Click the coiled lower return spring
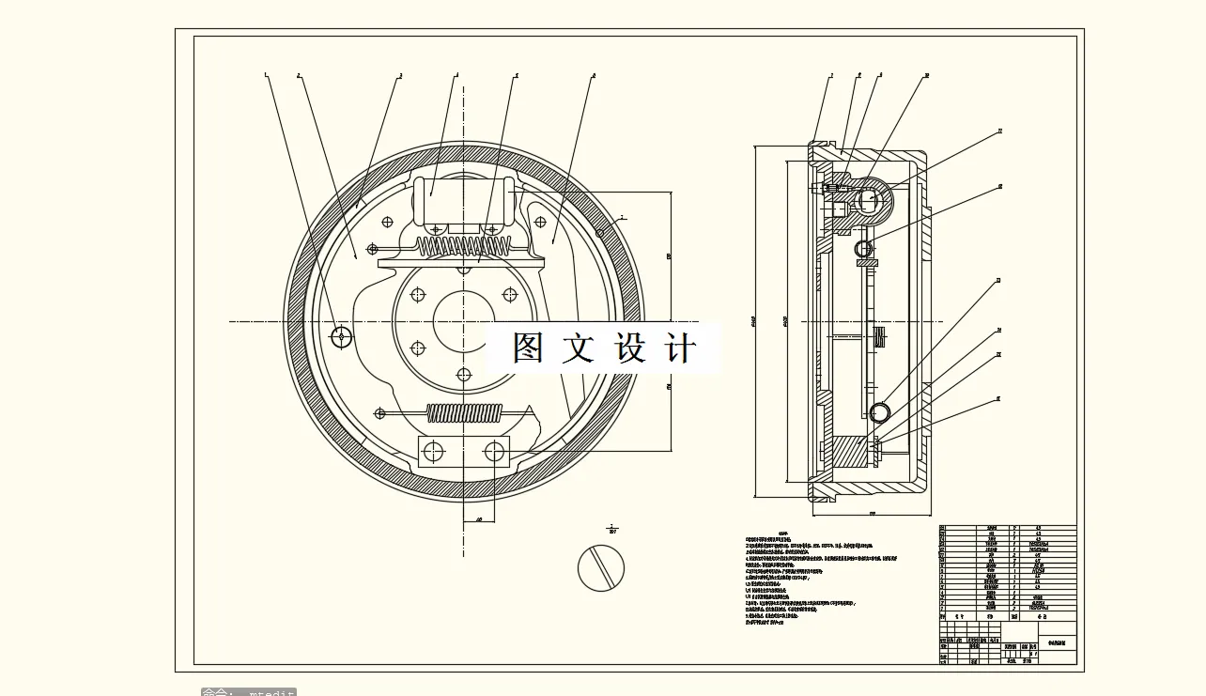(x=464, y=412)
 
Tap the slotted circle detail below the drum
(x=601, y=567)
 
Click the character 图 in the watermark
(x=529, y=348)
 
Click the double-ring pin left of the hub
(x=342, y=335)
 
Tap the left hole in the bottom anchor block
(x=432, y=452)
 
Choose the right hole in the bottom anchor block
(x=495, y=452)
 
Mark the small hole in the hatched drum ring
(x=601, y=232)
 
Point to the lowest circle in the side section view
(x=880, y=412)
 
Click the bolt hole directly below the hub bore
(x=463, y=375)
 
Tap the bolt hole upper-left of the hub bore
(x=417, y=295)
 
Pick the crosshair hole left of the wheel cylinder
(x=387, y=222)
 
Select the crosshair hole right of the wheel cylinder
(x=539, y=222)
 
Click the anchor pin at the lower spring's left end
(x=380, y=412)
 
